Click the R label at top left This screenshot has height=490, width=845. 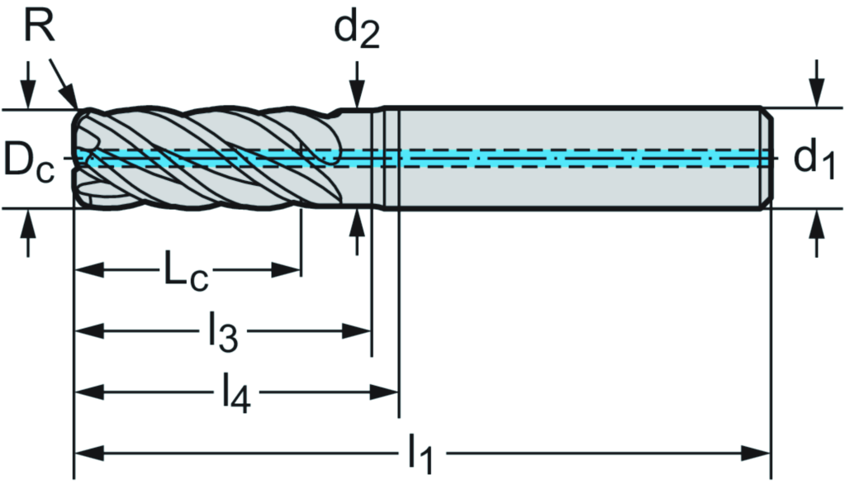coord(38,27)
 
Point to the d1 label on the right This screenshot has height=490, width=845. coord(814,159)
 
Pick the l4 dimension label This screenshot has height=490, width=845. coord(236,392)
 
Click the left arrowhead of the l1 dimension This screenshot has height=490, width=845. coord(86,453)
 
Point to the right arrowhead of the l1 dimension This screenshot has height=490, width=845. coord(759,453)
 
